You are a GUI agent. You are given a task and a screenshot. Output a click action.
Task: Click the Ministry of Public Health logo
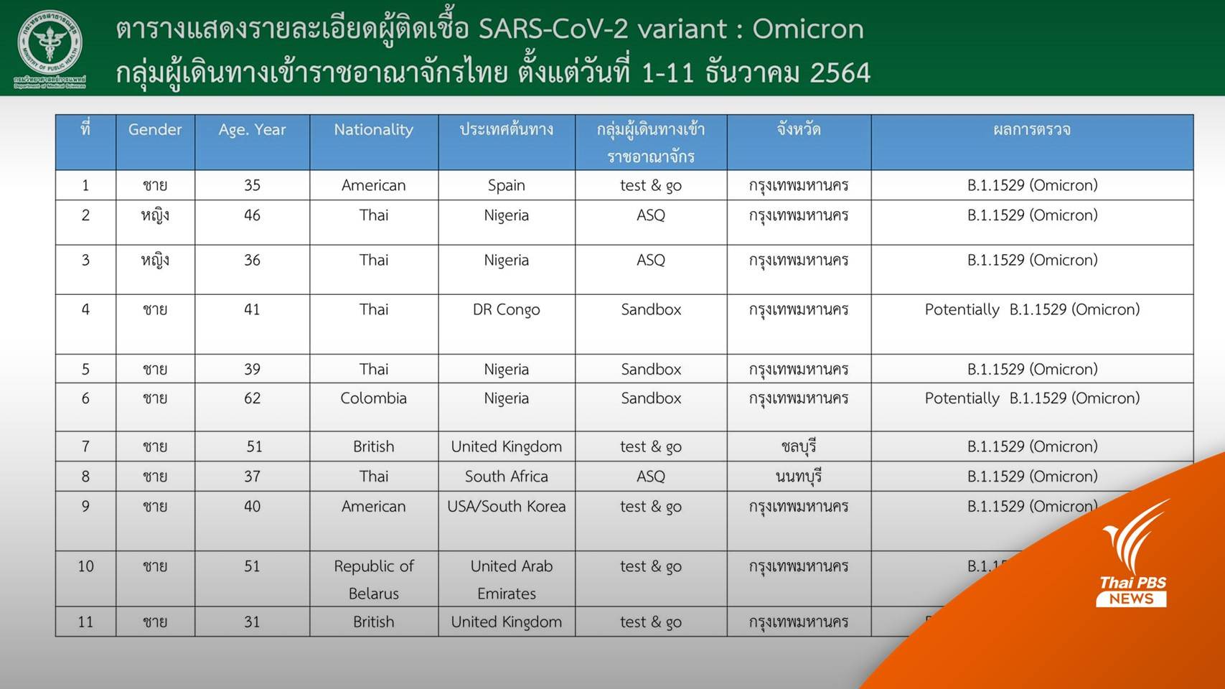pyautogui.click(x=50, y=48)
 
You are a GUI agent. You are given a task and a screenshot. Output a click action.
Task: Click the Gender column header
pyautogui.click(x=155, y=130)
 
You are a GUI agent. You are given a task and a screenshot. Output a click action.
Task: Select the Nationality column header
pyautogui.click(x=373, y=130)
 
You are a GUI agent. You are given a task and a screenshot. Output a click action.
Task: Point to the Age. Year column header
pyautogui.click(x=252, y=130)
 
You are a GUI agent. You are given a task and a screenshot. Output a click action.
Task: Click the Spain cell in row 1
pyautogui.click(x=506, y=185)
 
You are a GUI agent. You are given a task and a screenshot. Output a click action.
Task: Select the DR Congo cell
pyautogui.click(x=506, y=309)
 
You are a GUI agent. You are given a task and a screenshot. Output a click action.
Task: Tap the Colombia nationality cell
pyautogui.click(x=373, y=398)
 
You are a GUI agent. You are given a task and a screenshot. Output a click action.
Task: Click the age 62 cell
pyautogui.click(x=252, y=398)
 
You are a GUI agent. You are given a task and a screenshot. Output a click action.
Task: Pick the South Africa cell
pyautogui.click(x=506, y=477)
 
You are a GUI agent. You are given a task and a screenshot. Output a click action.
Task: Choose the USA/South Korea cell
pyautogui.click(x=506, y=507)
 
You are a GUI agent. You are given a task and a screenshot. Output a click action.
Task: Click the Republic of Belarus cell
pyautogui.click(x=373, y=579)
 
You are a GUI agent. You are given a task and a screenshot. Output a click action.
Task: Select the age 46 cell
pyautogui.click(x=252, y=215)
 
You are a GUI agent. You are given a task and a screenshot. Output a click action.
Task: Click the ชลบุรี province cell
pyautogui.click(x=798, y=447)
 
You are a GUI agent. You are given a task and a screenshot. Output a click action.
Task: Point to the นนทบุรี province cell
pyautogui.click(x=798, y=477)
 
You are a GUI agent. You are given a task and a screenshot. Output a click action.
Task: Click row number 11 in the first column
pyautogui.click(x=85, y=622)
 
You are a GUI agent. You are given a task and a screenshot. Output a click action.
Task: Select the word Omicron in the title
pyautogui.click(x=807, y=29)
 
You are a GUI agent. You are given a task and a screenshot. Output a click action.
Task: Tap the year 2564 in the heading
pyautogui.click(x=840, y=72)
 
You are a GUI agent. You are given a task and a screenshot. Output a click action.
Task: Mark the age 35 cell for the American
pyautogui.click(x=252, y=185)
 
